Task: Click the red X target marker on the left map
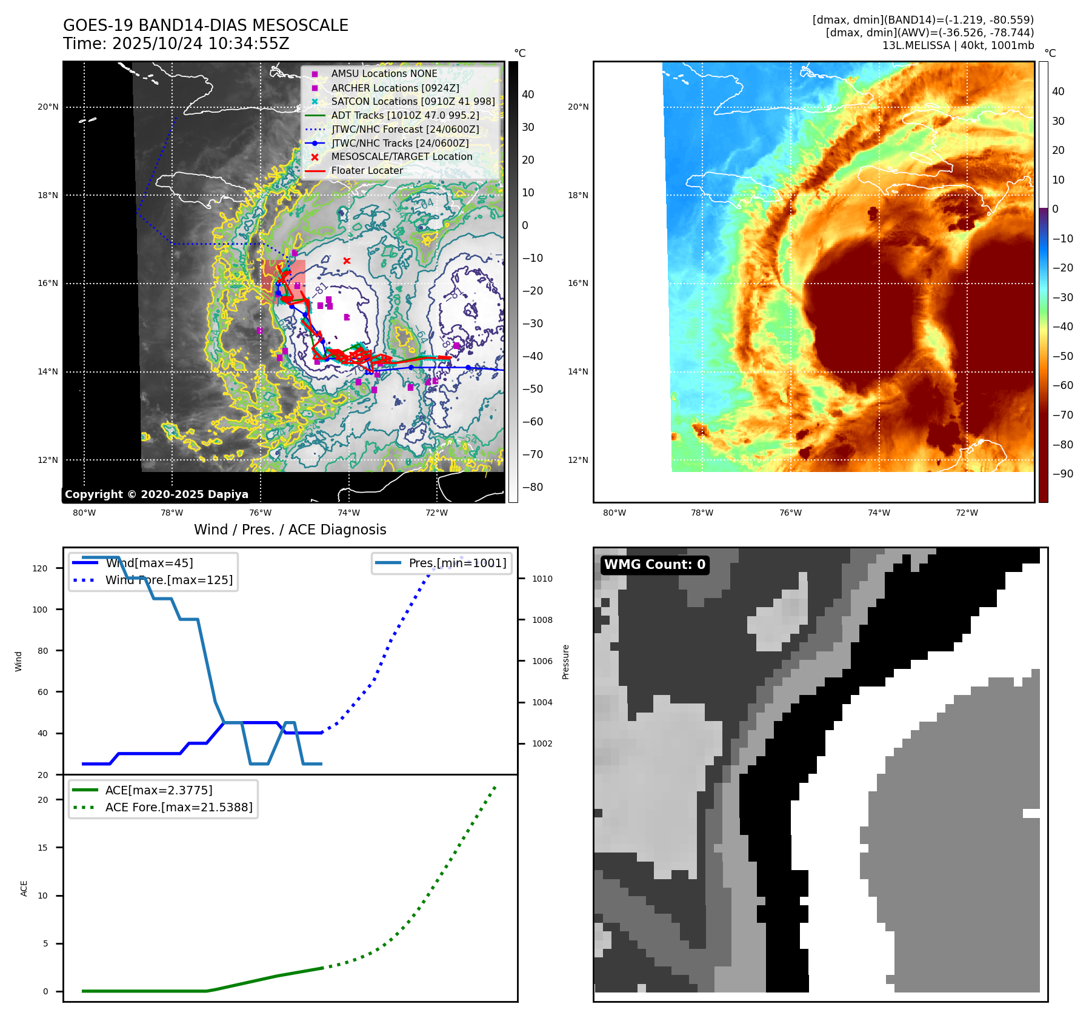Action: coord(347,261)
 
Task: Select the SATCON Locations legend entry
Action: coord(413,101)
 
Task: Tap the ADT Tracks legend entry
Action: coord(405,115)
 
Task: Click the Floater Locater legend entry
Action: coord(367,170)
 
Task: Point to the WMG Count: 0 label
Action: coord(654,565)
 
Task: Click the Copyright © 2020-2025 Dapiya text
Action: coord(156,494)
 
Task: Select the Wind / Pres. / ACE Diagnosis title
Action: coord(290,530)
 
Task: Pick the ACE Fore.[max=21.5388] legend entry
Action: coord(179,807)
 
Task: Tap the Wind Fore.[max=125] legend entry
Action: coord(168,580)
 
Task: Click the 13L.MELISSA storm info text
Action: coord(957,45)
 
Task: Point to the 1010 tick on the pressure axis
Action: coord(542,579)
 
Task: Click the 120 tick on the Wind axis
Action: coord(40,568)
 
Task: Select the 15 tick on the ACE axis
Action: coord(42,848)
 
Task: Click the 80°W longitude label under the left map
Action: coord(84,513)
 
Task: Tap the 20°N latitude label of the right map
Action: coord(578,107)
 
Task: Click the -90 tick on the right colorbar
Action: coord(1062,474)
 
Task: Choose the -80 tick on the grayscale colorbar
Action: coord(533,487)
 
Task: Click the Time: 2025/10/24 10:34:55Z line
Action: coord(176,44)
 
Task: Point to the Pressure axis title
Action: coord(565,662)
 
